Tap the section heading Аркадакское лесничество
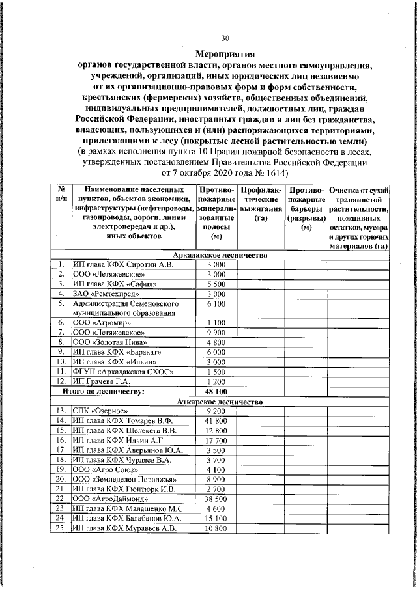(220, 256)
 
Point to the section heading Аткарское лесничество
(220, 402)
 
